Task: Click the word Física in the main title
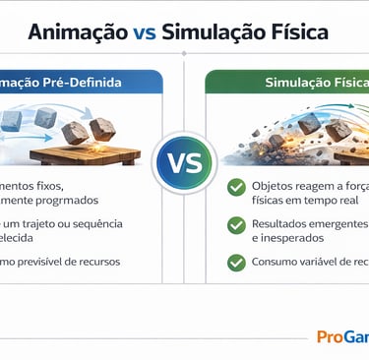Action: click(300, 32)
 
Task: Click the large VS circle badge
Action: click(183, 163)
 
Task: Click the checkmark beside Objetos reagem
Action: click(236, 187)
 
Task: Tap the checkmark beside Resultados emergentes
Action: click(236, 225)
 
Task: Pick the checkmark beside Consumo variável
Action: click(236, 263)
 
